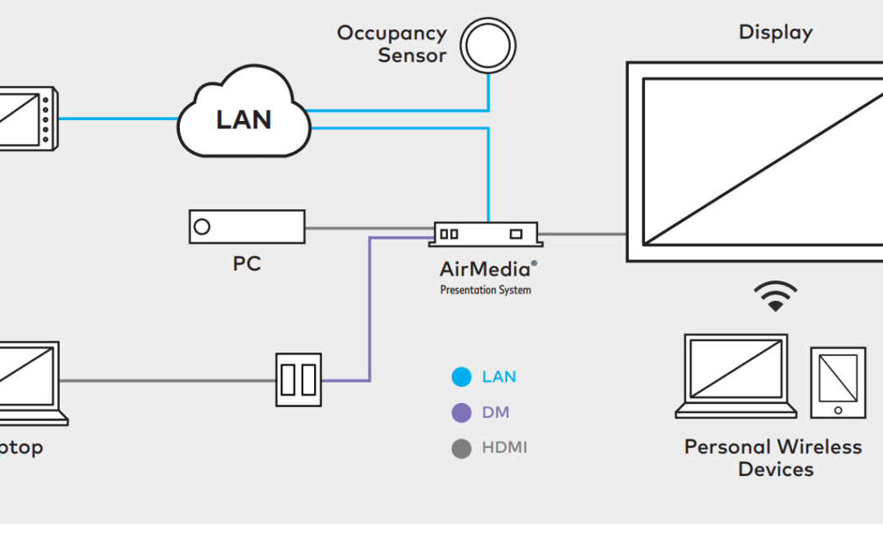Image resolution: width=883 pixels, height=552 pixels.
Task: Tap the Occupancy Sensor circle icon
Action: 488,46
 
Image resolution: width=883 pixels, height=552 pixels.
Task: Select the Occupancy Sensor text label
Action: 392,45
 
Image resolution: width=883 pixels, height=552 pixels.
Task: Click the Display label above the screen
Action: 775,33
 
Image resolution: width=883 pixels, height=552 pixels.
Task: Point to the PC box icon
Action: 247,227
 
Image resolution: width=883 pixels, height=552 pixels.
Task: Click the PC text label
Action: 247,264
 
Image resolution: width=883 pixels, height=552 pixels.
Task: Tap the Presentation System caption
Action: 486,289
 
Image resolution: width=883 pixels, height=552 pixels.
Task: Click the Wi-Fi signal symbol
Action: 775,296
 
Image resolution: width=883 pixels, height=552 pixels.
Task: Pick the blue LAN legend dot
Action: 462,377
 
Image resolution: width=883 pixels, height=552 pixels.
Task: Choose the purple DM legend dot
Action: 462,413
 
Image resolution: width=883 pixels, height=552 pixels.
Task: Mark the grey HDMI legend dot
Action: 462,448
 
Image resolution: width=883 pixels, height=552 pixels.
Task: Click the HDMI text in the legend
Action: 504,448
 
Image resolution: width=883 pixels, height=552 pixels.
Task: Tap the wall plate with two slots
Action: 298,379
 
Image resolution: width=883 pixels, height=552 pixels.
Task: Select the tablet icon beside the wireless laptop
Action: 838,382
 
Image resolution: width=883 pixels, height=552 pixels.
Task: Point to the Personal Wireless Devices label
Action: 773,458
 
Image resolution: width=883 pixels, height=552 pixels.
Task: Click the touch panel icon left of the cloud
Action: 27,119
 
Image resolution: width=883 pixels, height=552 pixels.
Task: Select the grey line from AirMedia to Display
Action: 583,235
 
